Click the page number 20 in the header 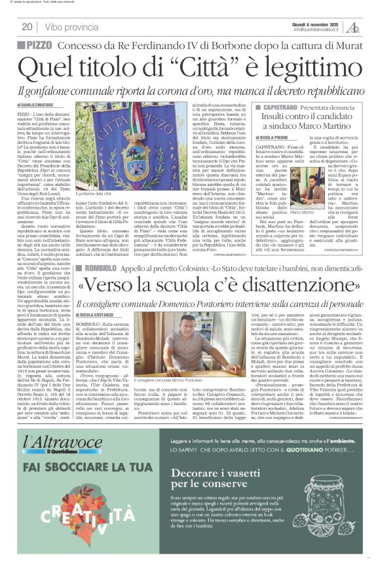(x=27, y=27)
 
